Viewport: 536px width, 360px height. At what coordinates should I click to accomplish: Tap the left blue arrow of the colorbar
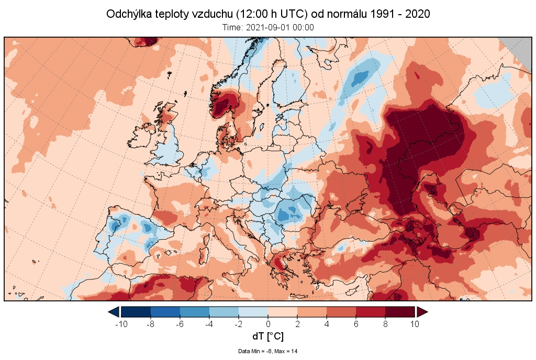click(114, 312)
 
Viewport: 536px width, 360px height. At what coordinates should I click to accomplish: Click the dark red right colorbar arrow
click(422, 312)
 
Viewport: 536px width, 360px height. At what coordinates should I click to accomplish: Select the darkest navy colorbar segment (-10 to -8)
click(136, 312)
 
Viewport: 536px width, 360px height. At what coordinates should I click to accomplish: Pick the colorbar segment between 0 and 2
click(283, 312)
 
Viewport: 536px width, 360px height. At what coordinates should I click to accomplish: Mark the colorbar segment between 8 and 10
click(400, 312)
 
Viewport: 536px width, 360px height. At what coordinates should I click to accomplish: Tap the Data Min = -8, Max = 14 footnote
click(267, 351)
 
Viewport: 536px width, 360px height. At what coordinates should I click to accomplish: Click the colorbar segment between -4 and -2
click(224, 312)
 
